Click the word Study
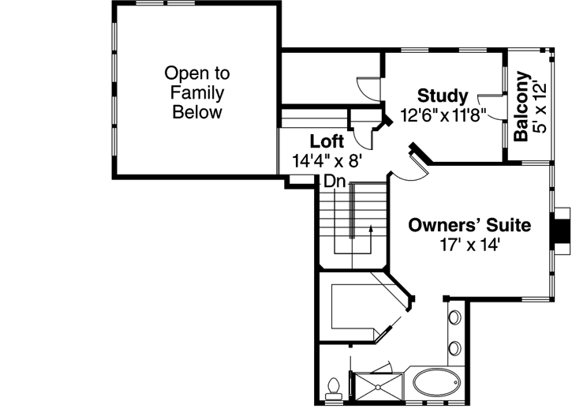(x=443, y=96)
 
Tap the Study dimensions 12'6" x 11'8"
(x=443, y=114)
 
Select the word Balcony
(x=522, y=107)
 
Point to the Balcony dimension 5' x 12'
(x=540, y=107)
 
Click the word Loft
(x=326, y=141)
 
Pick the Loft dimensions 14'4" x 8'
(x=326, y=160)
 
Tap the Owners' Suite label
(x=469, y=225)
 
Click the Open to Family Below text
(x=197, y=92)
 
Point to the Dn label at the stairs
(x=334, y=181)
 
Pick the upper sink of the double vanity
(x=455, y=319)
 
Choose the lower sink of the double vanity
(x=455, y=347)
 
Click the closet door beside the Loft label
(x=365, y=134)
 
